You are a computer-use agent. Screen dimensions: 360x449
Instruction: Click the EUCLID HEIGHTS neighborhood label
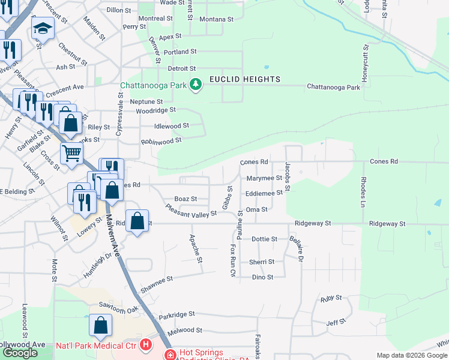244,79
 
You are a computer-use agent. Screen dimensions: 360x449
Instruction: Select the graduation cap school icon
43,30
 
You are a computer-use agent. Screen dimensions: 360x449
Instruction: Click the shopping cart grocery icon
71,153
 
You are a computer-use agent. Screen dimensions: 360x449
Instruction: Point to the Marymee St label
264,178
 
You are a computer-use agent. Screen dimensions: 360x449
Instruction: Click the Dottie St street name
264,239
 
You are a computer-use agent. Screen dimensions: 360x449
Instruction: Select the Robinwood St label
161,142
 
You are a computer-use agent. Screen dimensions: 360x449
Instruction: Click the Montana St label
216,19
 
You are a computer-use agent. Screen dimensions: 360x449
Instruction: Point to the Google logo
20,353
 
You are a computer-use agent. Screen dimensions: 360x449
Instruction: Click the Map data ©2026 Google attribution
411,355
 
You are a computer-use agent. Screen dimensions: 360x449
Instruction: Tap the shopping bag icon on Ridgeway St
137,221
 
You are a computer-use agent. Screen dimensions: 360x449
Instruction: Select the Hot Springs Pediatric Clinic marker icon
170,355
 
